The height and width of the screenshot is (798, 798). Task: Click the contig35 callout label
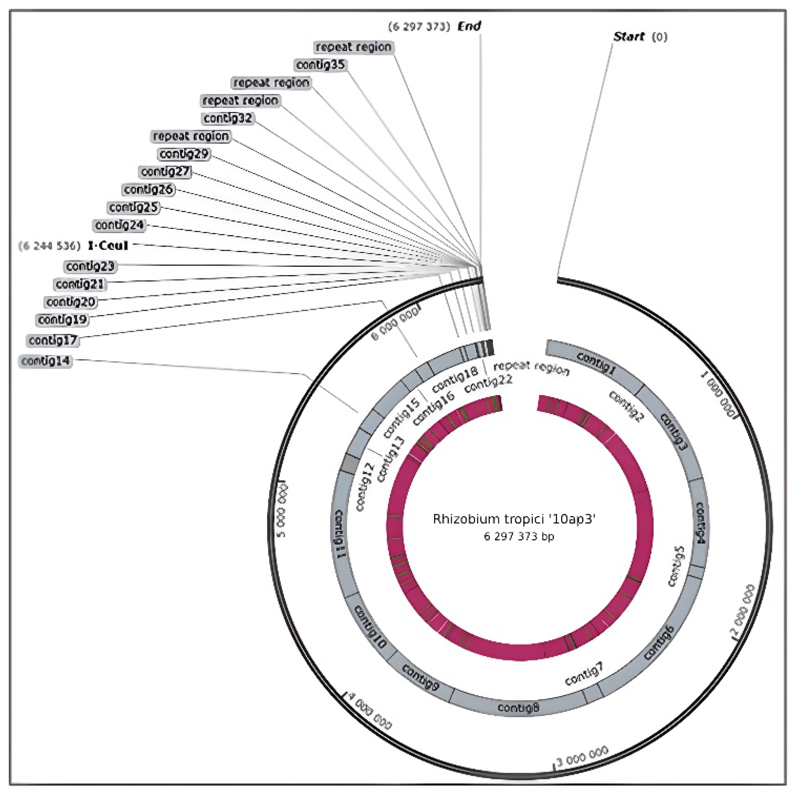[320, 65]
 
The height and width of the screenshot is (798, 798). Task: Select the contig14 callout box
[45, 361]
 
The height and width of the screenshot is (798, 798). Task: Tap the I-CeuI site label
[108, 246]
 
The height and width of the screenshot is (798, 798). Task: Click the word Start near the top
[629, 37]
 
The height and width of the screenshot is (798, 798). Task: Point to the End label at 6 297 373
[469, 26]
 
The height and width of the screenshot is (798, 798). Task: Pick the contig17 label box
[53, 340]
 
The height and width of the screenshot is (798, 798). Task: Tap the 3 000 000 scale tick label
[583, 755]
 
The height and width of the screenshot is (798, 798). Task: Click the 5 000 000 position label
[282, 510]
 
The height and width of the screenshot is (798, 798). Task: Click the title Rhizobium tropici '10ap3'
[514, 519]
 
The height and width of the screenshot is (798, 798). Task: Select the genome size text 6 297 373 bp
[519, 536]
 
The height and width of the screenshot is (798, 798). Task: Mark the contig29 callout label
[184, 154]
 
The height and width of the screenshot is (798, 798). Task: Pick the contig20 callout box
[71, 302]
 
